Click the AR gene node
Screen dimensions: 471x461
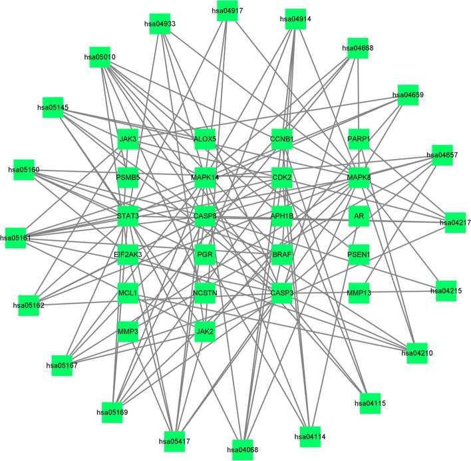tap(359, 216)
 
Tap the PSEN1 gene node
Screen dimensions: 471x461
tap(359, 254)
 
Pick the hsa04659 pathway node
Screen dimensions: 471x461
tap(408, 95)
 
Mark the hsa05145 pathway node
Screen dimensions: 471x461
tap(53, 108)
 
